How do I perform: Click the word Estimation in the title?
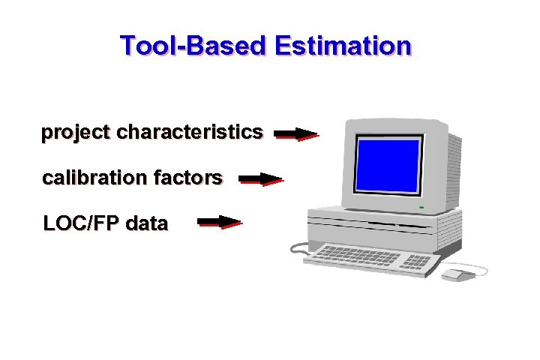(343, 46)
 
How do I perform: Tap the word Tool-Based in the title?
(193, 46)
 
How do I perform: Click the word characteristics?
(190, 133)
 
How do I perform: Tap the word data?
(147, 223)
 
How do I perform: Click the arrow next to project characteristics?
(296, 134)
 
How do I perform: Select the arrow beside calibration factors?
(260, 179)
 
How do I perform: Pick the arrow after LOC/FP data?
(219, 222)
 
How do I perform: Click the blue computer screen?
(388, 166)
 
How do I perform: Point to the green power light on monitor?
(421, 207)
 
